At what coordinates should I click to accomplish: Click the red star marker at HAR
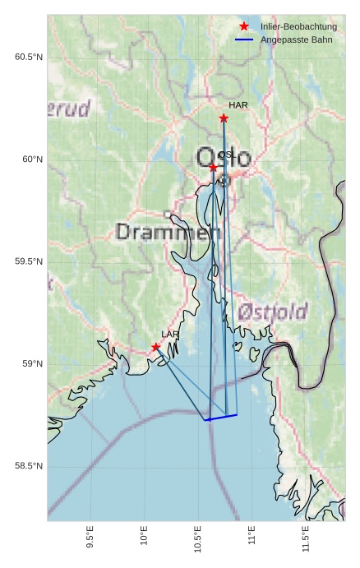tap(224, 118)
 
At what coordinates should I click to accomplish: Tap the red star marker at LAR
tap(155, 347)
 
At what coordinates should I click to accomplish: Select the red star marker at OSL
tap(214, 168)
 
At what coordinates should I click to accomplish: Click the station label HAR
tap(238, 105)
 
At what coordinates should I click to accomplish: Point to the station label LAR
tap(170, 335)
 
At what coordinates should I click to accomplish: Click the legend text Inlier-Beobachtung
tap(298, 27)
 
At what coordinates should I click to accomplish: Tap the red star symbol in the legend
tap(244, 27)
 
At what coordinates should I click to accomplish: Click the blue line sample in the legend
tap(244, 39)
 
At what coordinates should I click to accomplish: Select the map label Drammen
tap(168, 232)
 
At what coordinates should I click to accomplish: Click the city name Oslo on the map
tap(224, 157)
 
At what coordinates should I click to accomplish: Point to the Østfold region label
tap(273, 312)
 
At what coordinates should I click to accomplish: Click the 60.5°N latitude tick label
tap(29, 57)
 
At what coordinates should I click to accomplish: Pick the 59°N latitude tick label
tap(32, 364)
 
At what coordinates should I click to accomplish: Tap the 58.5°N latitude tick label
tap(29, 466)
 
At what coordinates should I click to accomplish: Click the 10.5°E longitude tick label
tap(198, 543)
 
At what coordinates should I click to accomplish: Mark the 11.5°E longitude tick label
tap(306, 543)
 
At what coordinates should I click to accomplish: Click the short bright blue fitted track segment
tap(221, 418)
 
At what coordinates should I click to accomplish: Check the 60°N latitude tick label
tap(32, 159)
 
